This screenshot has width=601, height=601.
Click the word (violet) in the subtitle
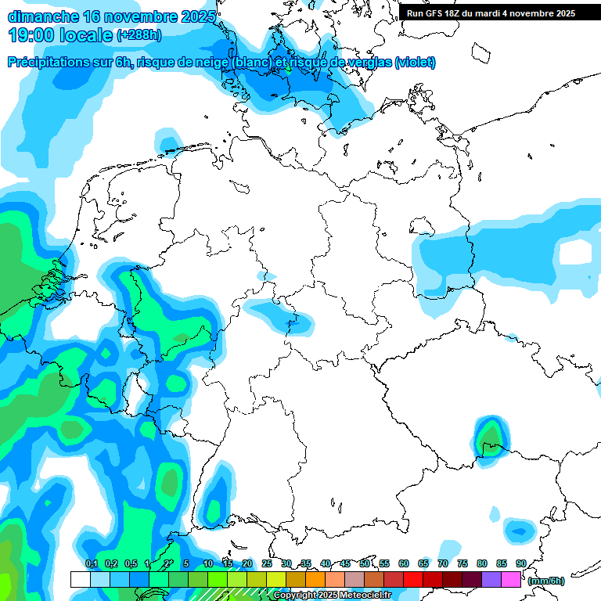coord(416,63)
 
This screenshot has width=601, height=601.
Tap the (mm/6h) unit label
coord(546,581)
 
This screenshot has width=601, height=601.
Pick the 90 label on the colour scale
coord(520,563)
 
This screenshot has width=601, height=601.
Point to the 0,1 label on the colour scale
coord(92,563)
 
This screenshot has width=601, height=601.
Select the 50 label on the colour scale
coord(365,563)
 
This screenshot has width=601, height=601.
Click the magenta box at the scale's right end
coord(511,579)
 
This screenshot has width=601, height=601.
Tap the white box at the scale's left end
coord(80,579)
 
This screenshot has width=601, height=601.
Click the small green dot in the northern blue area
coord(288,69)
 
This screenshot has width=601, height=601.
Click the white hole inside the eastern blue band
coord(575,252)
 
